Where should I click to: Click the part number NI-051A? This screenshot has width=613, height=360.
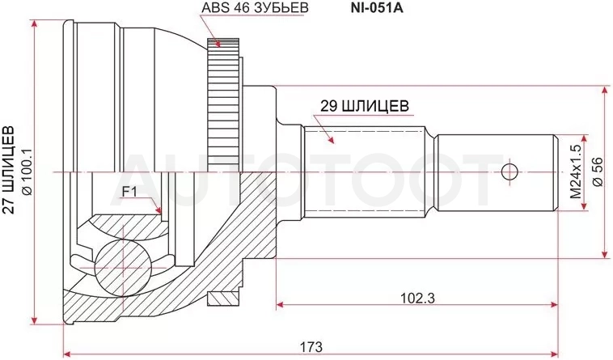[376, 8]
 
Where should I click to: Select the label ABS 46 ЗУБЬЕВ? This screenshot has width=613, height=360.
[255, 8]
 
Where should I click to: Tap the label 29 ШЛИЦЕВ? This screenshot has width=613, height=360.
[365, 105]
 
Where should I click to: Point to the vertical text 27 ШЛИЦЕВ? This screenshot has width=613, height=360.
[10, 170]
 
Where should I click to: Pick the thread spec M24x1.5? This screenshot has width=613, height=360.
[576, 172]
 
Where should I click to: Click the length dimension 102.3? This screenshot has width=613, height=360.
[417, 299]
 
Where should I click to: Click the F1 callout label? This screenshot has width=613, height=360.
[129, 192]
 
